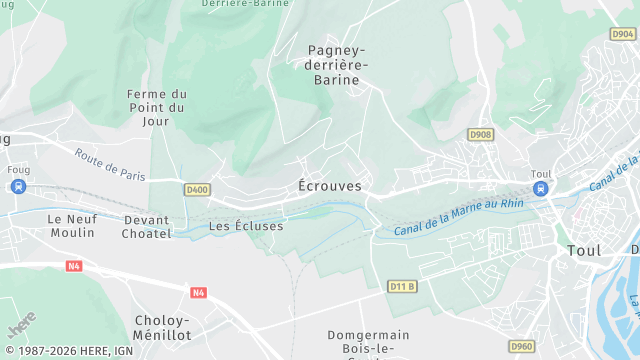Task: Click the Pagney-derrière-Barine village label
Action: (338, 64)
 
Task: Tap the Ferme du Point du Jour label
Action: (157, 108)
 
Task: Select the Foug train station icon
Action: (19, 186)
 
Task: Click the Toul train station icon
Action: (541, 188)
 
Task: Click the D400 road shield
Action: (197, 189)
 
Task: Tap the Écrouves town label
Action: (330, 186)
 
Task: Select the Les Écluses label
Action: (246, 226)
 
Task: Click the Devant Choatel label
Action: (147, 226)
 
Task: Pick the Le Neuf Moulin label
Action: (71, 225)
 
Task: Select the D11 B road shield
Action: (402, 287)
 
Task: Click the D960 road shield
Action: (521, 346)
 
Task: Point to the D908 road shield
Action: (481, 134)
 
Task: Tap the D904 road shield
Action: (622, 33)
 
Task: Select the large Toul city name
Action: (584, 250)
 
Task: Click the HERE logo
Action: (20, 325)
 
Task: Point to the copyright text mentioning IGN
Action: (68, 351)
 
